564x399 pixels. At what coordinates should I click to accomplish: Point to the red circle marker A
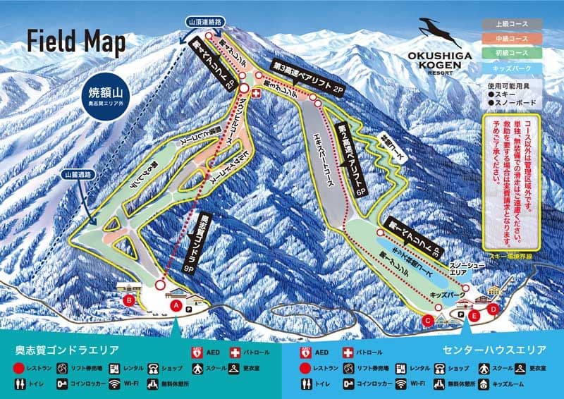coord(176,305)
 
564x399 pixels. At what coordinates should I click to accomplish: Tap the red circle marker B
coord(129,301)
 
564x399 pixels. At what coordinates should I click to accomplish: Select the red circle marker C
coord(427,321)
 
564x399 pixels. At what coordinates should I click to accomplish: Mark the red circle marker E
coord(474,317)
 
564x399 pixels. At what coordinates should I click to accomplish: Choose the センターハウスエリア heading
coord(495,350)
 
